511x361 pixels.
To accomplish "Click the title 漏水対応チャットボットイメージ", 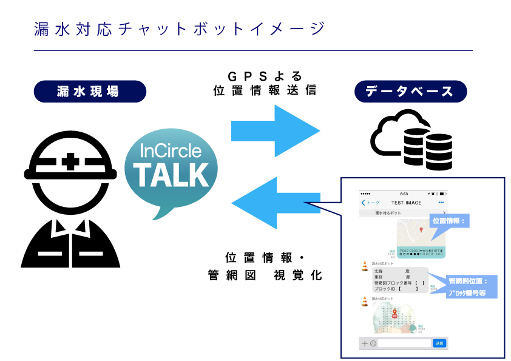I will pos(180,29).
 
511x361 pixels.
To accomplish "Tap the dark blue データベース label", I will pos(410,92).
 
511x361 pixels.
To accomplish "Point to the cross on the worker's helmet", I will pos(72,162).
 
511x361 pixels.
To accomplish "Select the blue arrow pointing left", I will pos(276,203).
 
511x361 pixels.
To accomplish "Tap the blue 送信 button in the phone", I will pos(439,343).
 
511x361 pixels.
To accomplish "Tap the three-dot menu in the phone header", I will pos(441,202).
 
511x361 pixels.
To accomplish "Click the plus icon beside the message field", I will pos(365,343).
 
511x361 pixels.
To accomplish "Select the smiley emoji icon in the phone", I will pos(373,343).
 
